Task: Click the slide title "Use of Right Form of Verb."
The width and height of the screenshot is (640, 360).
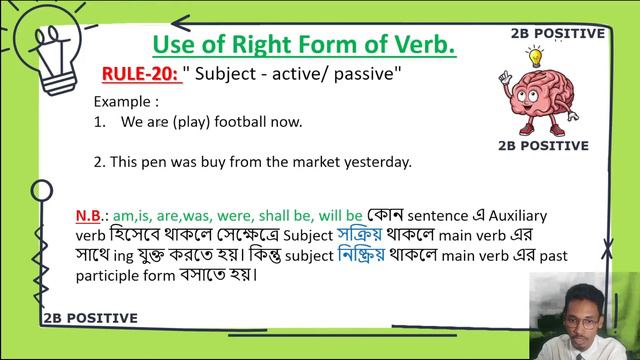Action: pyautogui.click(x=303, y=44)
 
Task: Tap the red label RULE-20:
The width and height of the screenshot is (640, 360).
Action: pyautogui.click(x=140, y=74)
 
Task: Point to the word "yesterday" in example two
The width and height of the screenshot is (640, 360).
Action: pyautogui.click(x=375, y=161)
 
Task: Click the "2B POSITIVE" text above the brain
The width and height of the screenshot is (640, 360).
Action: pyautogui.click(x=556, y=33)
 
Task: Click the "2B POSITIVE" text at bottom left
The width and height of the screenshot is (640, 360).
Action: pyautogui.click(x=91, y=318)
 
